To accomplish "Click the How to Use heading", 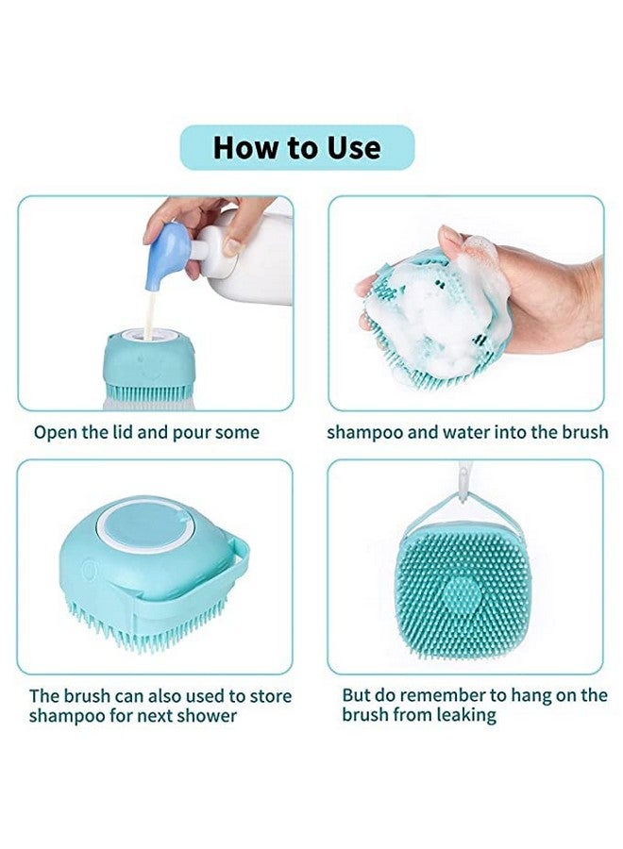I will (x=296, y=148).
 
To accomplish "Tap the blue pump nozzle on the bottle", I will (x=173, y=243).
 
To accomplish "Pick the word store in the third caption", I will (x=271, y=696).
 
